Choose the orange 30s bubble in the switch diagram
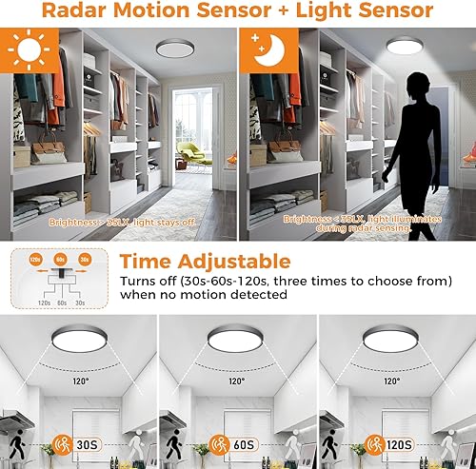tap(86, 258)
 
